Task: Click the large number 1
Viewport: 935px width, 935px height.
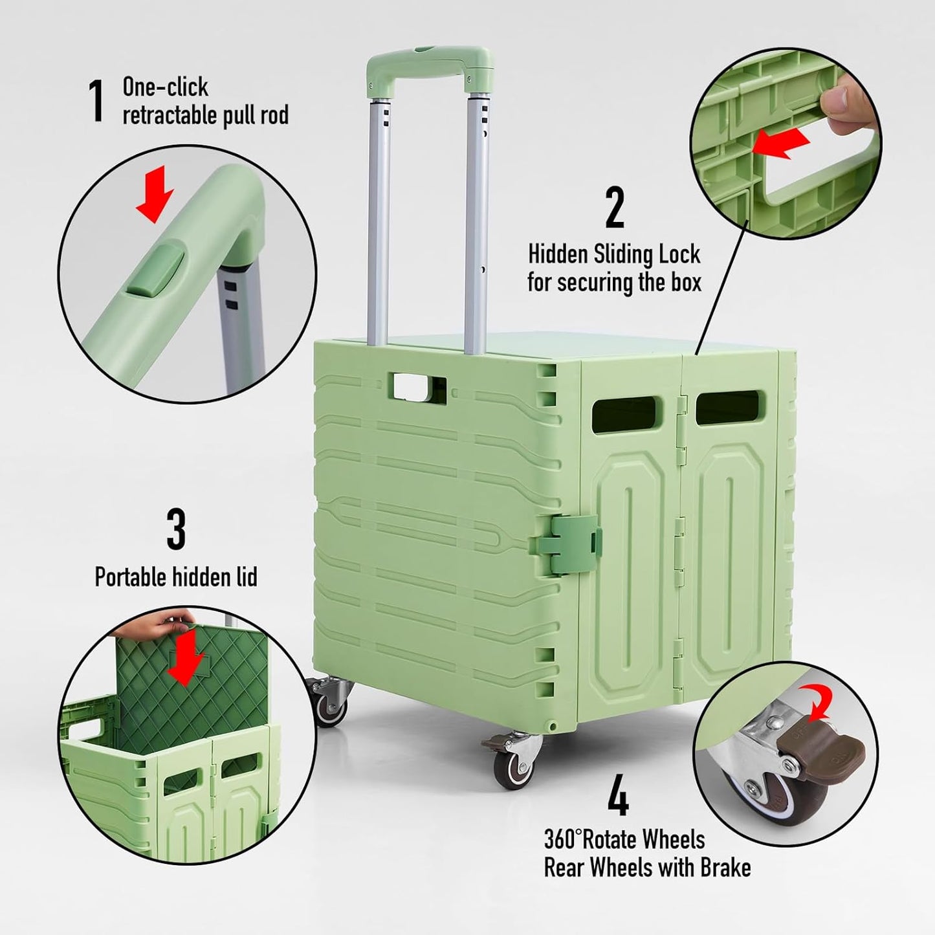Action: pyautogui.click(x=97, y=100)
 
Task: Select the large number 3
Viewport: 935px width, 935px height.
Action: pyautogui.click(x=176, y=529)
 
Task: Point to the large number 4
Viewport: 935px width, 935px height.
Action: pyautogui.click(x=618, y=798)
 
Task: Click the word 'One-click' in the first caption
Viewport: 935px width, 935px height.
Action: pyautogui.click(x=166, y=87)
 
